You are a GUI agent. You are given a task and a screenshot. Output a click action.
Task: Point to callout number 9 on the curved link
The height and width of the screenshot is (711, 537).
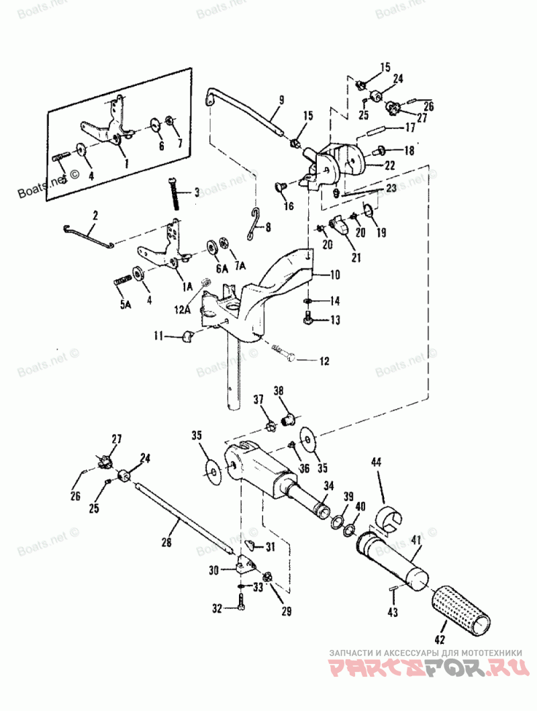281,100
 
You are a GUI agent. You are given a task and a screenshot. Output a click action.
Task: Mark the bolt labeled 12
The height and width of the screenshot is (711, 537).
285,352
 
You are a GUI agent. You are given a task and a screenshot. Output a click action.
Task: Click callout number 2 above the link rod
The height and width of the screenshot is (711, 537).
95,216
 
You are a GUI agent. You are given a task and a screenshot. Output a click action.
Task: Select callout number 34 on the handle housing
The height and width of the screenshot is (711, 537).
329,485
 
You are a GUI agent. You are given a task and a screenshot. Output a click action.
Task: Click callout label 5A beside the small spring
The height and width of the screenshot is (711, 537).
126,304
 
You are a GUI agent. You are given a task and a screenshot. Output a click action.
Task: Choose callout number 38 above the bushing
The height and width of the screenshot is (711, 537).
278,390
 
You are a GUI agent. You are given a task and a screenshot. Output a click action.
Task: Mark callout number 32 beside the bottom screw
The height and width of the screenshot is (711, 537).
217,610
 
